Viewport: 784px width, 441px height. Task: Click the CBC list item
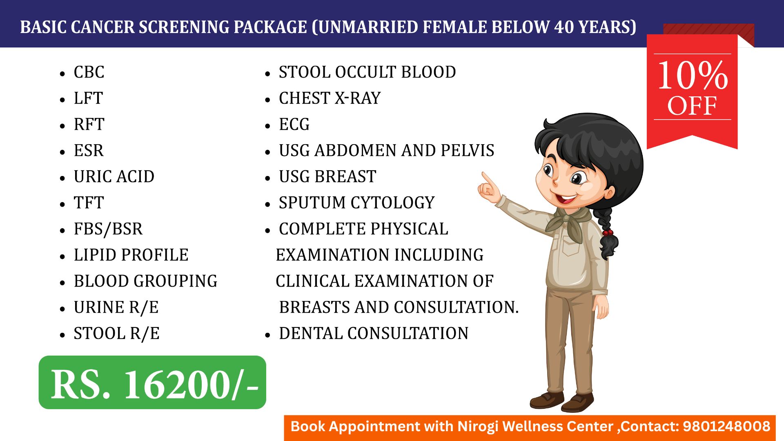(89, 72)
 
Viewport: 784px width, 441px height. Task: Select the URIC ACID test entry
(114, 177)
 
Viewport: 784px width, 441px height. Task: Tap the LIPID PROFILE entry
(131, 255)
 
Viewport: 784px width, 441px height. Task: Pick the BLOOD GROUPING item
(145, 281)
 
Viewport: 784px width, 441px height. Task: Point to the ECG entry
(294, 125)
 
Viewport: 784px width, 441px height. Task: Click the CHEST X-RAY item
(330, 98)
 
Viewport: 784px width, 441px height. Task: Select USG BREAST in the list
(327, 177)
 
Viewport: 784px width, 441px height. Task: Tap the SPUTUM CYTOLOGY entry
(356, 203)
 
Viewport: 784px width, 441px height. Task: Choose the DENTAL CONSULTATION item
(374, 334)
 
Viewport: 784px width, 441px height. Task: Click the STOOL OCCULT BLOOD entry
(367, 72)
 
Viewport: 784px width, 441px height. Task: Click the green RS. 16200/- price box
(152, 383)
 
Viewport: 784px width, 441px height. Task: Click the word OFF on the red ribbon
(692, 106)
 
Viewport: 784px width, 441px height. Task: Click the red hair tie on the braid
(608, 233)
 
